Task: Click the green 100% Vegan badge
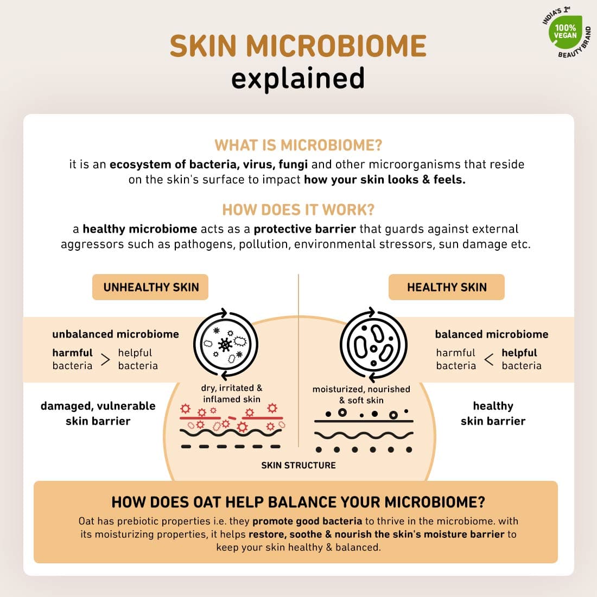pos(566,32)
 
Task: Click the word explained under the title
pos(298,79)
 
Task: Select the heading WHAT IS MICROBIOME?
pos(298,145)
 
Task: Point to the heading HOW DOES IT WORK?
pos(298,210)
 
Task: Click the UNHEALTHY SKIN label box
pos(150,287)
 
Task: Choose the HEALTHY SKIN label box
pos(446,287)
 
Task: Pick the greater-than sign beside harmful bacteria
pos(105,359)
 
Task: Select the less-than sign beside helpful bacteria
pos(489,359)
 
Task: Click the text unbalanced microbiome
pos(116,334)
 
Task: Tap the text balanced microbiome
pos(492,334)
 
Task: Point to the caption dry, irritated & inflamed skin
pos(232,393)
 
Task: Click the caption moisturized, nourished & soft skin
pos(361,395)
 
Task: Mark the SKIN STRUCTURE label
pos(298,465)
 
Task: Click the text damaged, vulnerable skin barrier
pos(98,414)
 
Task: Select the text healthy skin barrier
pos(493,414)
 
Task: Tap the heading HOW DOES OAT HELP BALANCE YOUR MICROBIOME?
pos(298,502)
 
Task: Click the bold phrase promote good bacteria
pos(307,521)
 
